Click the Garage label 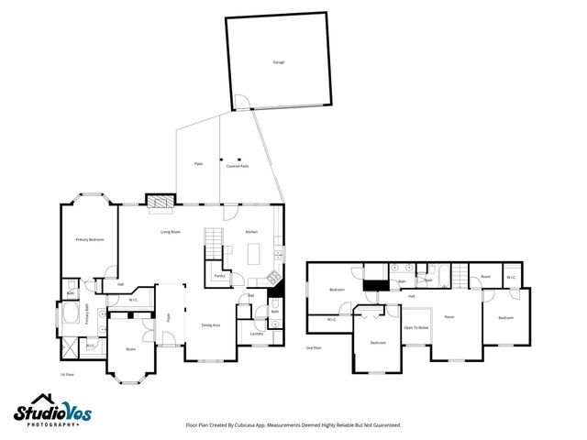(278, 62)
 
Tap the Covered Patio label (238, 166)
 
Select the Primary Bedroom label (89, 239)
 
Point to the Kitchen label (251, 232)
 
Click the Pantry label (219, 276)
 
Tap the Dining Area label (210, 325)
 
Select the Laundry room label (256, 334)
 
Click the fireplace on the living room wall (160, 199)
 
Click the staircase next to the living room (214, 243)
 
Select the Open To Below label (415, 327)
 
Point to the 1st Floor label (67, 374)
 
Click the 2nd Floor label (315, 347)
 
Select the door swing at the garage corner (240, 100)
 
